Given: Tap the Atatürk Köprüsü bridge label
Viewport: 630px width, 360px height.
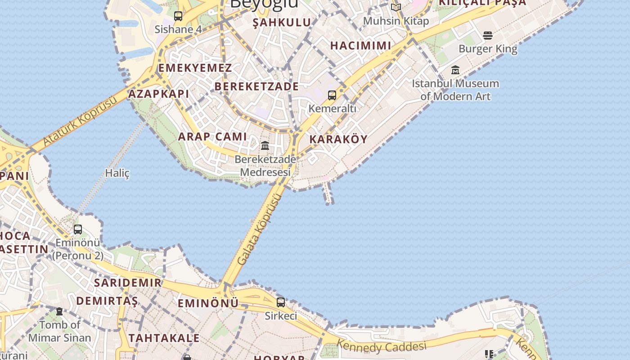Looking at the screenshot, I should point(80,121).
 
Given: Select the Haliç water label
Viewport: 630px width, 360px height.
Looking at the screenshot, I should point(117,173).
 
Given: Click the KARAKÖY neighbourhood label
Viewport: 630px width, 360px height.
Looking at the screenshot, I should point(338,139).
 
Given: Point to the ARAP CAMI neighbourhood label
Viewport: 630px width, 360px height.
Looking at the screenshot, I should point(212,137).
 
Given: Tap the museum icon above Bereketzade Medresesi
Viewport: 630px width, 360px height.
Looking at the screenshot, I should point(265,146).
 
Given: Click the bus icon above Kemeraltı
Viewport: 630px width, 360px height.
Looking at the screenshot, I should point(332,95).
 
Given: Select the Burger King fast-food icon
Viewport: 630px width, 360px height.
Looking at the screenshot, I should point(488,36).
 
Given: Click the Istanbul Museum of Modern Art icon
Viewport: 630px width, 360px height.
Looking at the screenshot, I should point(455,70).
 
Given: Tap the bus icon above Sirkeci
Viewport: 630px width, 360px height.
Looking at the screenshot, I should point(281,302).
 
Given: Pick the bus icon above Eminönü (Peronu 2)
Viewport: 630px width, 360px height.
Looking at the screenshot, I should point(78,229).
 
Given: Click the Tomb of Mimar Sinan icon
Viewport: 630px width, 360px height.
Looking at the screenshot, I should point(59,311).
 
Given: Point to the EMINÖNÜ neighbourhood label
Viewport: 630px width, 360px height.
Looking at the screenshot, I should point(208,303).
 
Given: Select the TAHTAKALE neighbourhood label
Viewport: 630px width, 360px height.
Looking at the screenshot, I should point(164,338).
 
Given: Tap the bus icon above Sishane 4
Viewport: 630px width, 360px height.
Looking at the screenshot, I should point(178,16).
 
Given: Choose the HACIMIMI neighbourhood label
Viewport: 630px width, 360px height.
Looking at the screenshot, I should point(361,45).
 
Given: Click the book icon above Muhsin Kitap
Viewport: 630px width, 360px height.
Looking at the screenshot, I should point(396,7).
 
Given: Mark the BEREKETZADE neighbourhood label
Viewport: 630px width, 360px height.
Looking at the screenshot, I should point(256,86).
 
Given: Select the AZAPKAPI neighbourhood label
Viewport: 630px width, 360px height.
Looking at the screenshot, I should point(158,94).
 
